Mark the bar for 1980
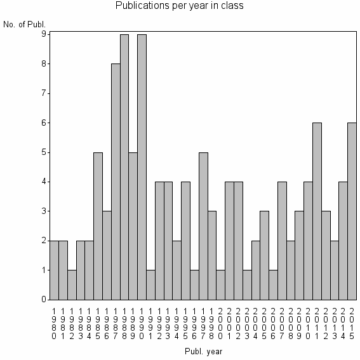click(x=55, y=270)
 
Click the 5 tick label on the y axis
click(x=43, y=152)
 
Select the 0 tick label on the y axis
click(x=43, y=300)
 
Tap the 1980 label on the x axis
click(x=55, y=322)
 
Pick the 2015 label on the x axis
click(x=352, y=322)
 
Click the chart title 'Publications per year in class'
click(x=180, y=6)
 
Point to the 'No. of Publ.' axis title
click(x=25, y=25)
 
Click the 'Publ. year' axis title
click(x=203, y=350)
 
